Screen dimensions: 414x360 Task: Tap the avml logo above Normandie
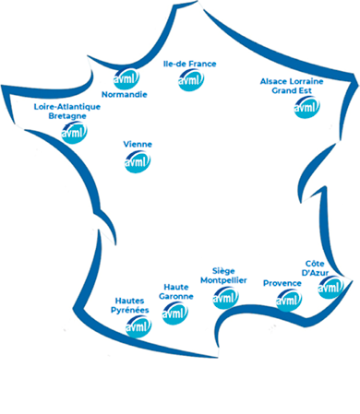tap(124, 79)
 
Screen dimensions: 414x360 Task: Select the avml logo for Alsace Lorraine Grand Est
tap(306, 107)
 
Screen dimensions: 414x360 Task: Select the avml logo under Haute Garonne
tap(175, 313)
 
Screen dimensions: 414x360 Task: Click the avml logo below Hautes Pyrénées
tap(138, 326)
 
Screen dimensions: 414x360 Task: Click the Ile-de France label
tap(189, 64)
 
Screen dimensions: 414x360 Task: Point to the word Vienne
tap(137, 145)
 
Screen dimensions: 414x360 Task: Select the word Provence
tap(282, 282)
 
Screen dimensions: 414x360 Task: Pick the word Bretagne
tap(66, 116)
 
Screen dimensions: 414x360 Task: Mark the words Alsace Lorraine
tap(297, 81)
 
